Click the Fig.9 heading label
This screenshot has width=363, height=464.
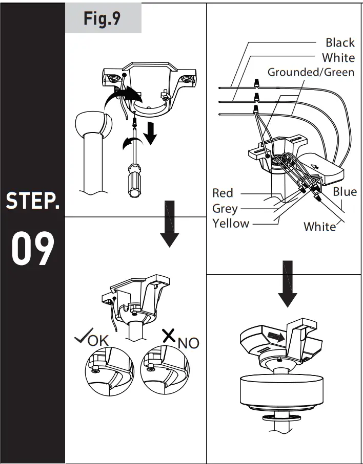click(x=103, y=18)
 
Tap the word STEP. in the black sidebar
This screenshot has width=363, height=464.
click(x=33, y=201)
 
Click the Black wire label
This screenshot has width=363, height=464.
click(x=340, y=42)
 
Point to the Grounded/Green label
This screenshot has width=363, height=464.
click(x=311, y=72)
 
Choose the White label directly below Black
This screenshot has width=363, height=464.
click(x=338, y=57)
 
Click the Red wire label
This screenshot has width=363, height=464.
click(x=223, y=193)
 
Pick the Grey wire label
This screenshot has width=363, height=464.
click(x=225, y=208)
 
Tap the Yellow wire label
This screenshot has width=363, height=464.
click(x=231, y=224)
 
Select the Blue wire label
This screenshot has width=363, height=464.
click(x=345, y=192)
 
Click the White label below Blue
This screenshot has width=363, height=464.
click(x=320, y=227)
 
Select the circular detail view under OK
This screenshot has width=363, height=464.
click(x=109, y=371)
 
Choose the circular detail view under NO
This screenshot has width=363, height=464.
click(x=165, y=371)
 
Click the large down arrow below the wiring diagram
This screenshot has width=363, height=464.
click(x=287, y=285)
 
